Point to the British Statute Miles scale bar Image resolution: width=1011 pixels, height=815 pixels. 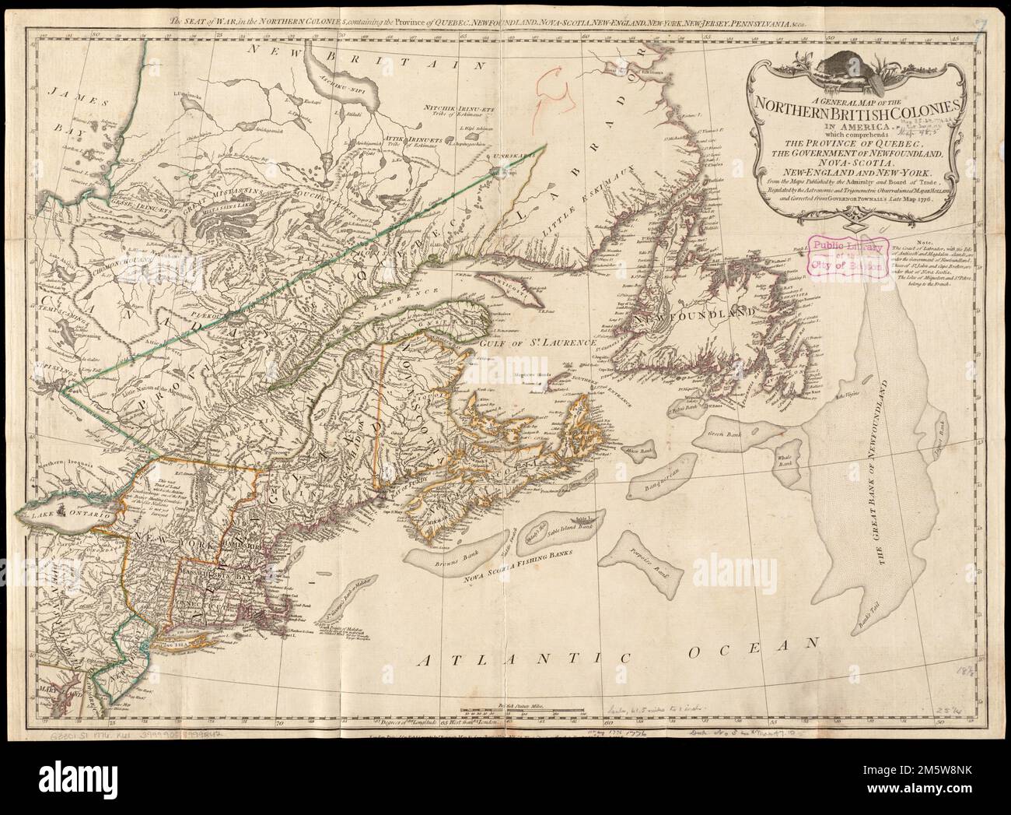click(523, 710)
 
